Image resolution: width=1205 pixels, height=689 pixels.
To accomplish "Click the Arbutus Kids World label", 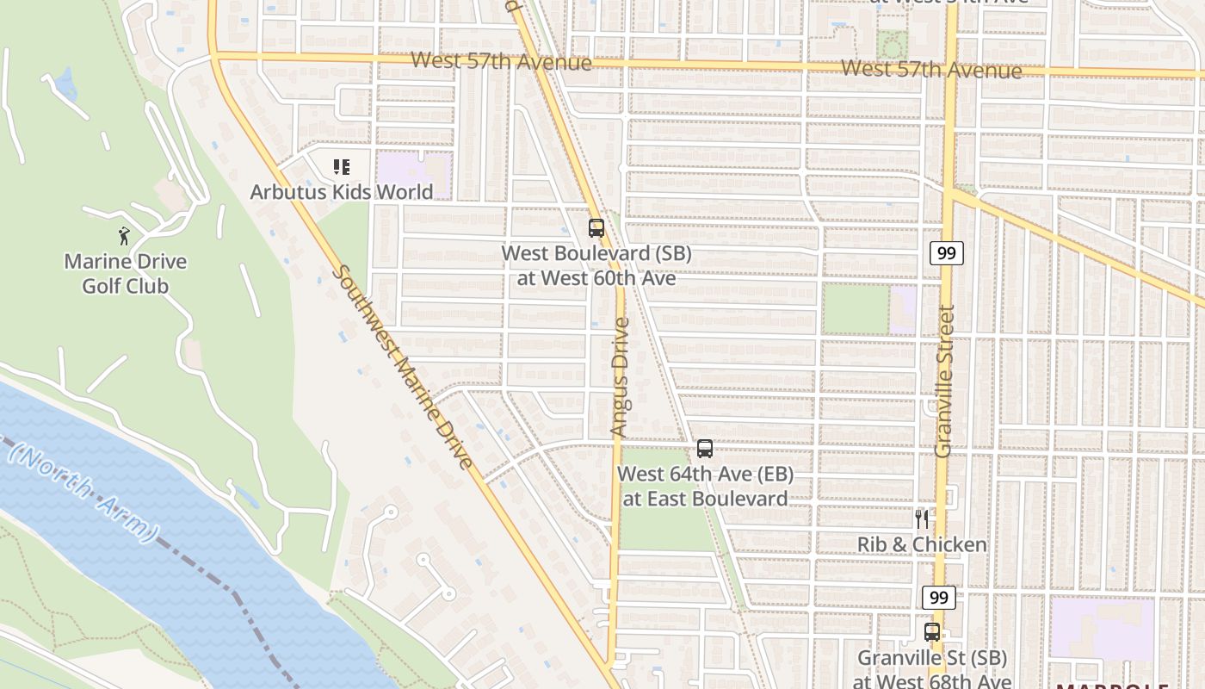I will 341,191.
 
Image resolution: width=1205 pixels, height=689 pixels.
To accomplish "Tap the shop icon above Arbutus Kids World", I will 342,166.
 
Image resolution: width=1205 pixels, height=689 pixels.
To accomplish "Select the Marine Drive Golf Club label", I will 126,273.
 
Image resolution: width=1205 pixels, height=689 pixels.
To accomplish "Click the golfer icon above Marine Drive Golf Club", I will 124,235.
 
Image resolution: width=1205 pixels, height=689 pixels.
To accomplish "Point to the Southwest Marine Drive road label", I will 403,368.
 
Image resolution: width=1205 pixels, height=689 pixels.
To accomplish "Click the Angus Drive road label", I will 620,376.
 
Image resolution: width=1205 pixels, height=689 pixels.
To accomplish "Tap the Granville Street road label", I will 945,380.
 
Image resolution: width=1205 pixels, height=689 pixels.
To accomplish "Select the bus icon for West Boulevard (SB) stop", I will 596,228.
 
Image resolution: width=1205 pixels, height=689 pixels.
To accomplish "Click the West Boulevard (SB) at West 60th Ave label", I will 596,265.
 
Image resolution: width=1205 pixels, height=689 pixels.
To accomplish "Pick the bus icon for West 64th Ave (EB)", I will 705,449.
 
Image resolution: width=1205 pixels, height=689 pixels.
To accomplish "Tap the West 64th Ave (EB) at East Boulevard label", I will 705,486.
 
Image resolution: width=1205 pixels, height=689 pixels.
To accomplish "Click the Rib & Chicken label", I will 922,544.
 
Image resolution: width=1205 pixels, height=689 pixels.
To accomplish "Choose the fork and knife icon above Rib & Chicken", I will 922,519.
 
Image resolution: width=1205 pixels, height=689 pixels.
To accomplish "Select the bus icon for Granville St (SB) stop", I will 931,632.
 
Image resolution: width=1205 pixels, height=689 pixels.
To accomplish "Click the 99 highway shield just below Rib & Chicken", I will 939,597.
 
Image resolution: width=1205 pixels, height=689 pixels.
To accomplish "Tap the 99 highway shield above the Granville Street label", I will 946,253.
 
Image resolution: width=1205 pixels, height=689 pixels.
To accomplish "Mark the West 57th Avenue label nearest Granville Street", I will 931,69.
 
